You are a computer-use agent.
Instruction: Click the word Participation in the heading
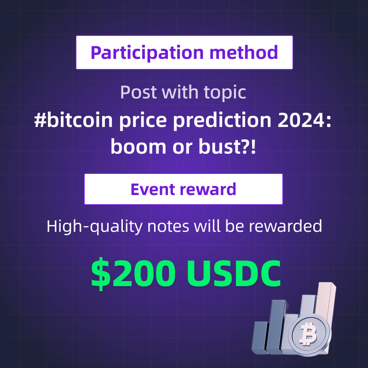click(147, 53)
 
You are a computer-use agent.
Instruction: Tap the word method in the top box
click(244, 52)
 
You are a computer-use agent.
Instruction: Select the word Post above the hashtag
click(138, 92)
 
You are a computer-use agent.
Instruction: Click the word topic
click(225, 93)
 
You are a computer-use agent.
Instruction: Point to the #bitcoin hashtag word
click(74, 120)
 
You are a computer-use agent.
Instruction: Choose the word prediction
click(223, 121)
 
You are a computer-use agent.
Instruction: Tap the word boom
click(138, 147)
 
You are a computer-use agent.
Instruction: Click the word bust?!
click(227, 147)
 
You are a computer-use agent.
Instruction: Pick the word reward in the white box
click(208, 189)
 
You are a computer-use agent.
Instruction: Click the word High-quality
click(95, 227)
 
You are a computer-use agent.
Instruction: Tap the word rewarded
click(285, 226)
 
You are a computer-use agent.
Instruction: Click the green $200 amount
click(133, 273)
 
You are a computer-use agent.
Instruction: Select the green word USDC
click(234, 274)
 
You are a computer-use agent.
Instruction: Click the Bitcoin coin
click(309, 334)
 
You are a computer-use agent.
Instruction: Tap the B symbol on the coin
click(308, 333)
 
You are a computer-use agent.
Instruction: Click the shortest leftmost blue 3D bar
click(260, 337)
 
